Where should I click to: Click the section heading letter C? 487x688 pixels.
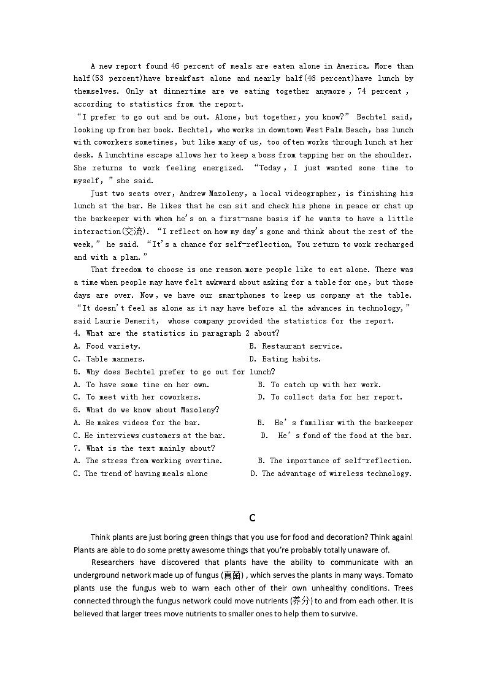252,518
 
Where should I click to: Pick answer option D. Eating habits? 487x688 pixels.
285,359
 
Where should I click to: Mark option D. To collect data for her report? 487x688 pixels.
330,397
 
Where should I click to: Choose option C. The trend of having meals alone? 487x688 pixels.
140,474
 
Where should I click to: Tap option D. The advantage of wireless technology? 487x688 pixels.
331,474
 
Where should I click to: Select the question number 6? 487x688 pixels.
77,410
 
